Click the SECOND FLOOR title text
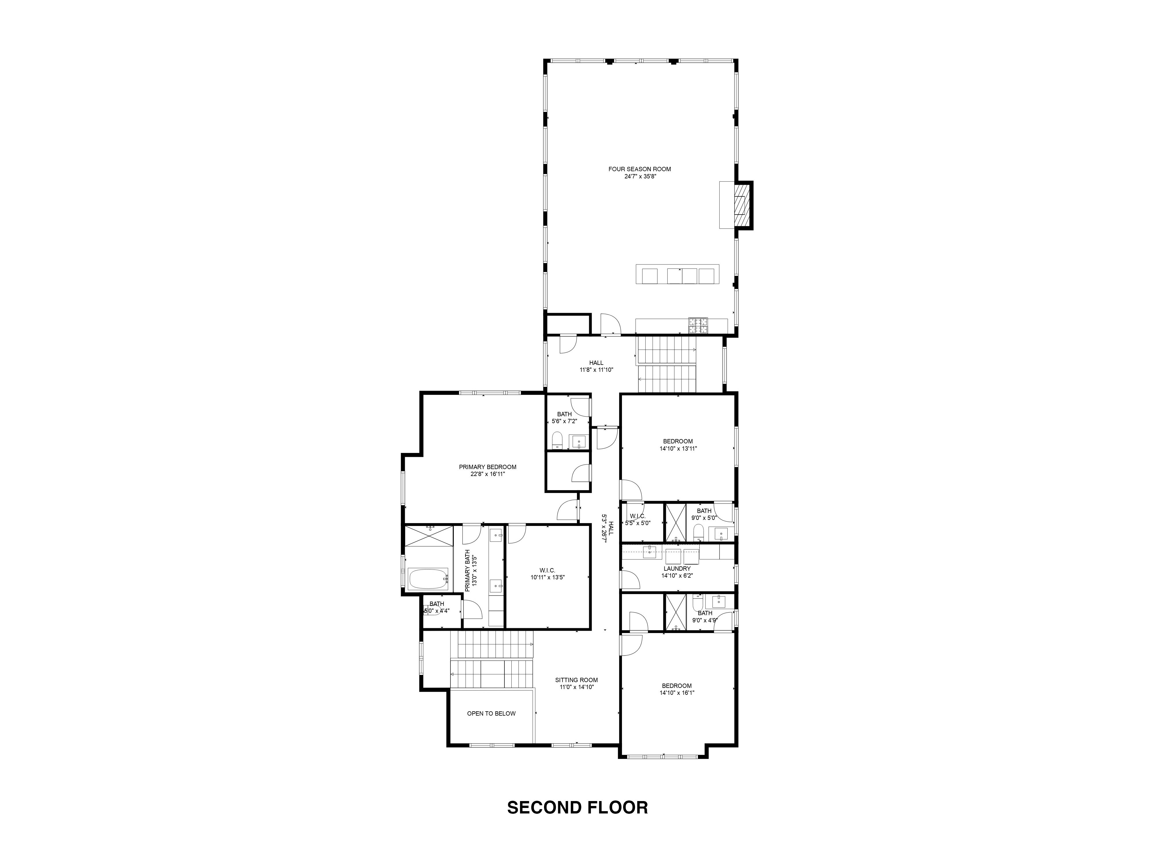point(577,807)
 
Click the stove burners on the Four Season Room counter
point(698,326)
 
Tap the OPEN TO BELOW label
point(491,714)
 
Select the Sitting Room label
point(576,680)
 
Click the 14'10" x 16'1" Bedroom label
point(677,686)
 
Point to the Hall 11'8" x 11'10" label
point(596,363)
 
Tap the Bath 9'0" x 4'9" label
point(705,613)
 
